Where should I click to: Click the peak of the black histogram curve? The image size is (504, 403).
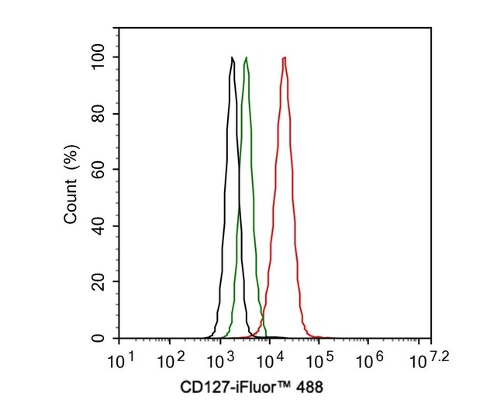point(232,58)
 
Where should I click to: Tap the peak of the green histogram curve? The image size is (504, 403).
point(246,58)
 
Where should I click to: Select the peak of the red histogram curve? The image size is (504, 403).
point(285,58)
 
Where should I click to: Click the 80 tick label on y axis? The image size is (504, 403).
point(100,114)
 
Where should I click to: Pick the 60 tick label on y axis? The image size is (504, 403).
point(100,170)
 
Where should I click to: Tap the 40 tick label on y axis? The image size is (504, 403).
point(100,226)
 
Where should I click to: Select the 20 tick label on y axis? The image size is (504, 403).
point(100,283)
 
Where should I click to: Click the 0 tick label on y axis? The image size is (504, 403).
point(103,339)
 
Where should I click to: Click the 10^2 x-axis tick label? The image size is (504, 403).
point(168,360)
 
